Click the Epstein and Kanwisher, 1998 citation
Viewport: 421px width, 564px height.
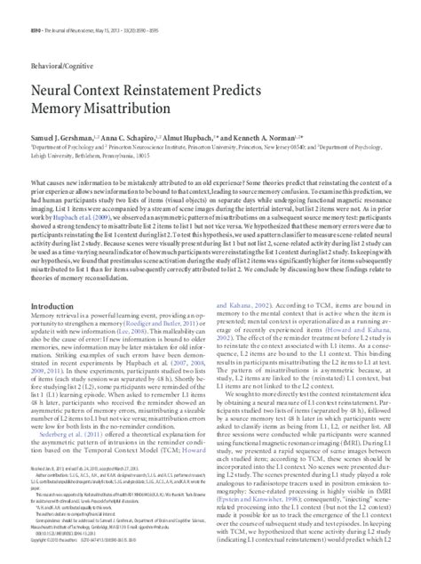tap(256, 487)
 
